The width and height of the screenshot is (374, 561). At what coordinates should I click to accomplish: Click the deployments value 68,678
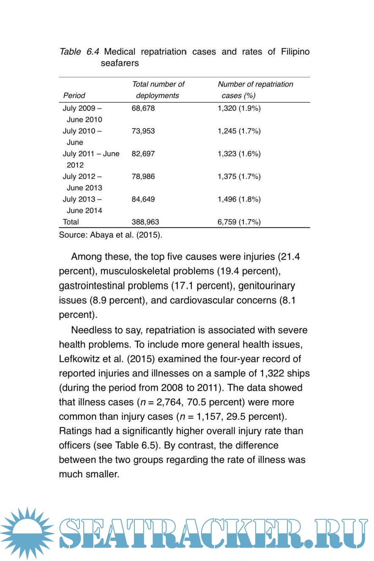pyautogui.click(x=143, y=108)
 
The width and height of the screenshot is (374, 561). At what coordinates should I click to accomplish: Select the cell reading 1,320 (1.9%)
pyautogui.click(x=239, y=108)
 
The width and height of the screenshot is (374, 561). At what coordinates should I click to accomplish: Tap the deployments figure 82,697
pyautogui.click(x=143, y=154)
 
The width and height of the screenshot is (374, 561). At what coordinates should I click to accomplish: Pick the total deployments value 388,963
pyautogui.click(x=145, y=222)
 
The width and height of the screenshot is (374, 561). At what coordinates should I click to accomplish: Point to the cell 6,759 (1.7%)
pyautogui.click(x=239, y=222)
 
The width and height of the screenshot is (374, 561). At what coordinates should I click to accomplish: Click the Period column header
pyautogui.click(x=74, y=96)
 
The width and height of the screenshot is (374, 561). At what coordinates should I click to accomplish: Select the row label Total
pyautogui.click(x=71, y=222)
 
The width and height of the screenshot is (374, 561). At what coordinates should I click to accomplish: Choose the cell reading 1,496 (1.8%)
pyautogui.click(x=239, y=199)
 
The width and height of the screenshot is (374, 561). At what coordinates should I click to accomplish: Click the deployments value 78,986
pyautogui.click(x=143, y=176)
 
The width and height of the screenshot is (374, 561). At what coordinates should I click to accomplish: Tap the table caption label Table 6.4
pyautogui.click(x=79, y=52)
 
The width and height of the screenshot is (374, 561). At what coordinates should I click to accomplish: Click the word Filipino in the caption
pyautogui.click(x=295, y=52)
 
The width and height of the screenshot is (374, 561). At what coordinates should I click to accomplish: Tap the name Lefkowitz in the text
pyautogui.click(x=80, y=359)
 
